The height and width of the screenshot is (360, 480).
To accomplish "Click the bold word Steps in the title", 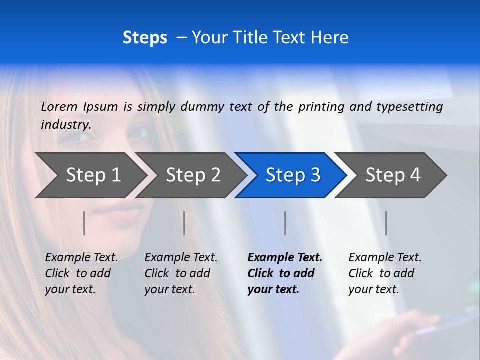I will click(145, 37).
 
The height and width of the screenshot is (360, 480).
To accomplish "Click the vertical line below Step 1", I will click(84, 223).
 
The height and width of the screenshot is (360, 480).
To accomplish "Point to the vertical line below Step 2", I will click(184, 223).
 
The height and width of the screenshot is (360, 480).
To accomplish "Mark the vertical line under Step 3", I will click(285, 223).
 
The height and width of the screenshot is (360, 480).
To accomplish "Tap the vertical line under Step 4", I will click(386, 223).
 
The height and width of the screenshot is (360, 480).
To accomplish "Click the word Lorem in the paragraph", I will click(59, 106).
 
